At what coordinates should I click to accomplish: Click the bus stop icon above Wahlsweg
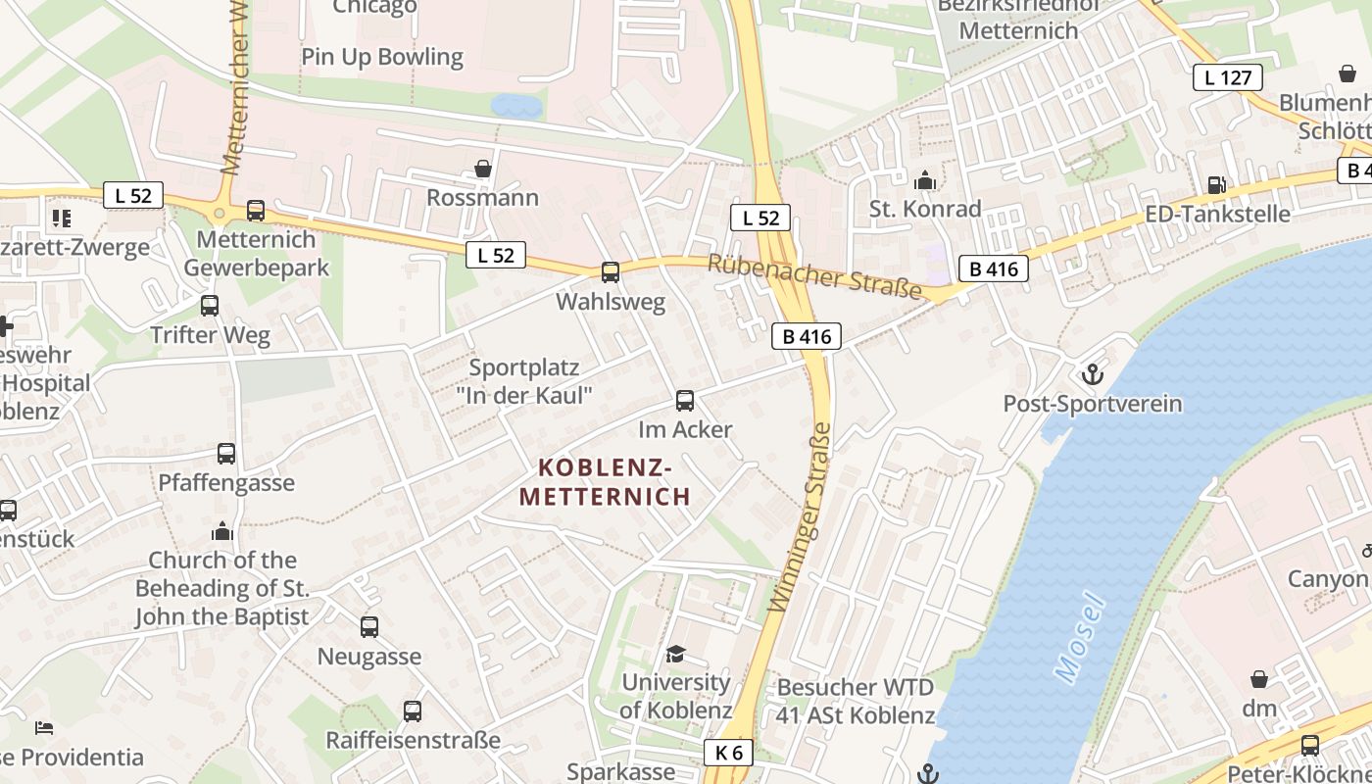611,271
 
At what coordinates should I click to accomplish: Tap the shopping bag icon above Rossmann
482,169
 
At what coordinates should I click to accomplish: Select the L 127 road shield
1227,77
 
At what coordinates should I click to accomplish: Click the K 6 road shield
728,752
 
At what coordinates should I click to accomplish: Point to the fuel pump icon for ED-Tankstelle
1216,184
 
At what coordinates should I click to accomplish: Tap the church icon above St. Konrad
924,180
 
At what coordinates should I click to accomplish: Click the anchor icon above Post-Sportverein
1092,373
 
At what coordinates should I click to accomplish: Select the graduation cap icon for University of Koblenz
675,654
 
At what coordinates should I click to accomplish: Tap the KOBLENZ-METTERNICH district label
605,481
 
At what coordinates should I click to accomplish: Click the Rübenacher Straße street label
814,276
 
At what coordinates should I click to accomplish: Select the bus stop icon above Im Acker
685,400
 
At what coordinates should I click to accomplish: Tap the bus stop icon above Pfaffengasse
226,453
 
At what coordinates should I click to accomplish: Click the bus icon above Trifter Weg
210,305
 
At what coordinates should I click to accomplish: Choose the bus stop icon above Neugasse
369,626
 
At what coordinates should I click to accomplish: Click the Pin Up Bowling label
382,57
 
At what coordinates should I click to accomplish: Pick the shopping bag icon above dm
1259,679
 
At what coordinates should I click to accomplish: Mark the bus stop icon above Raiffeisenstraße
413,710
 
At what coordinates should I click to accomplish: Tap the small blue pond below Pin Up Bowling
516,106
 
